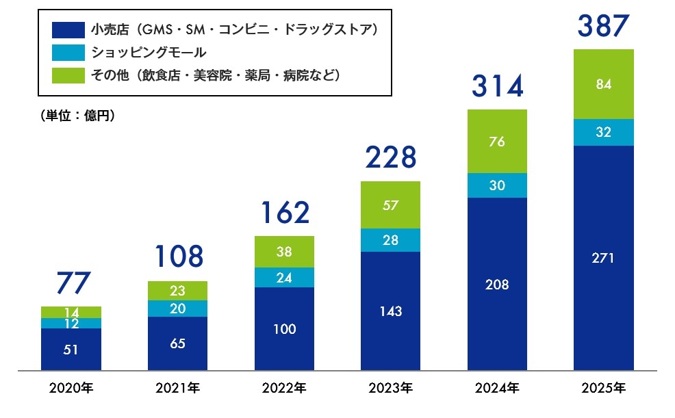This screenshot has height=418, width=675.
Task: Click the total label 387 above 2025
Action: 603,25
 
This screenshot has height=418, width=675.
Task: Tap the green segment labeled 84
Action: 603,85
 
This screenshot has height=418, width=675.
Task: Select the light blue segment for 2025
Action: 603,133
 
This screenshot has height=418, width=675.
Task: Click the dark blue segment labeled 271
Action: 603,258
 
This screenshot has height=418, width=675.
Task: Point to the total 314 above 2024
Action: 497,86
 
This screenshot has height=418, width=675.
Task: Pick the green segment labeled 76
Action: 497,142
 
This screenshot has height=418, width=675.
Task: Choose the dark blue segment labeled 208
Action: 497,284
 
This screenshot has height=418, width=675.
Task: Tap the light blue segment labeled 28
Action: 390,239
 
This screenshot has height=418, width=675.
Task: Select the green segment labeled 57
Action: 390,205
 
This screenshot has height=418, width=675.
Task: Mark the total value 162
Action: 284,213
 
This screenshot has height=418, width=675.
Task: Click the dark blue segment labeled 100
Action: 284,329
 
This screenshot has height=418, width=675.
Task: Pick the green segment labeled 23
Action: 177,290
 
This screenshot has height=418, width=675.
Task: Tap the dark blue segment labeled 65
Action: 177,343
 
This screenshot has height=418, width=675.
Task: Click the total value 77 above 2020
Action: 71,283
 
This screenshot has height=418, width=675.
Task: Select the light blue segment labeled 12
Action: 71,324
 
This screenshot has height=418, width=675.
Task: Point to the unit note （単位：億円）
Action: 77,116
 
